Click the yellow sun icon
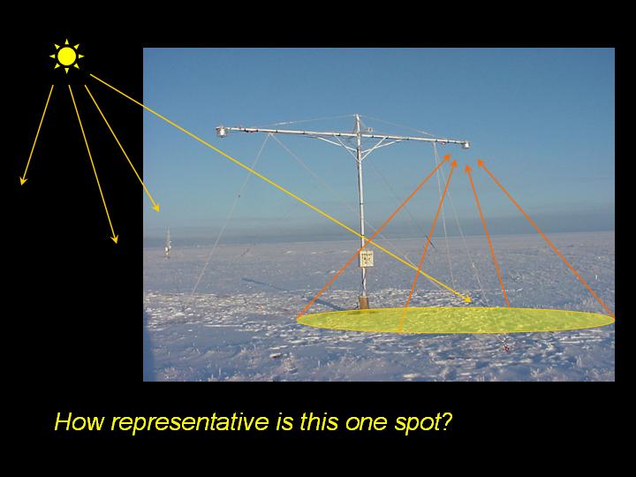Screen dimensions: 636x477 67,57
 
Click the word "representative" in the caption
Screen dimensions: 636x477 190,422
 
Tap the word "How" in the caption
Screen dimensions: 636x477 79,421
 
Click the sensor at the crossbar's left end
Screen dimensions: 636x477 221,132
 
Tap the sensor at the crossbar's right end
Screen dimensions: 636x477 466,144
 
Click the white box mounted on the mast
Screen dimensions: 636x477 367,258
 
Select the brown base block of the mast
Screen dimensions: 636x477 363,303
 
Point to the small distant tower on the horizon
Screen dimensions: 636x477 168,243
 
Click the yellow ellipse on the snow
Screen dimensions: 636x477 456,320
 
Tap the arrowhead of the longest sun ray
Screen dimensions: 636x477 468,299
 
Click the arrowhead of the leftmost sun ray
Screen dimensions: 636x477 23,180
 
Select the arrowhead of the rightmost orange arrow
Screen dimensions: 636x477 481,163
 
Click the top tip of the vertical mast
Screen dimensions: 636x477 357,115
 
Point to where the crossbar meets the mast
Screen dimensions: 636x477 358,133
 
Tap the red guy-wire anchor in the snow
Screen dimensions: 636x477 507,347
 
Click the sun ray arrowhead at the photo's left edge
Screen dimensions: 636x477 156,208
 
